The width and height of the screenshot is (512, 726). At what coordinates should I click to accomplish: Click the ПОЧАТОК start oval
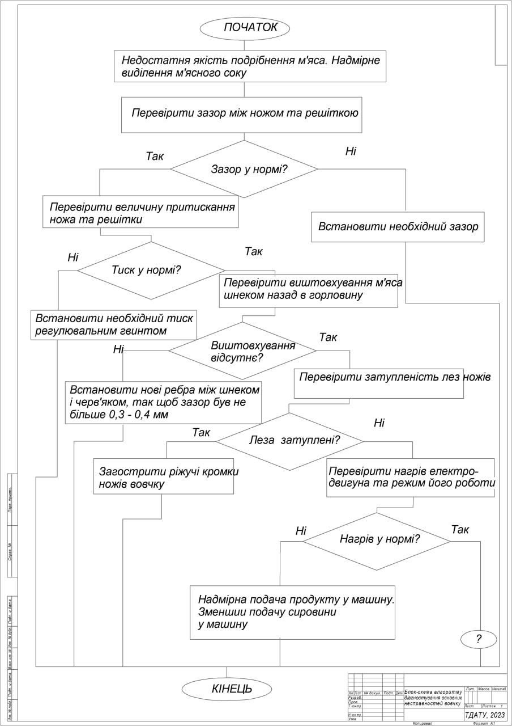pyautogui.click(x=245, y=28)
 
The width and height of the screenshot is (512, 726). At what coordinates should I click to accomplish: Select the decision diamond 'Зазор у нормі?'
pyautogui.click(x=244, y=169)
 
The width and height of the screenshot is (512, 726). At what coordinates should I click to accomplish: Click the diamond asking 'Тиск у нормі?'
pyautogui.click(x=151, y=271)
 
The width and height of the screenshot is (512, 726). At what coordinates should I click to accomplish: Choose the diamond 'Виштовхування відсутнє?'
pyautogui.click(x=242, y=351)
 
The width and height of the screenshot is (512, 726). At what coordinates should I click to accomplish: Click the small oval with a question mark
pyautogui.click(x=479, y=639)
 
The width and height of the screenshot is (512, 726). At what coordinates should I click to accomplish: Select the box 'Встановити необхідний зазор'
pyautogui.click(x=398, y=227)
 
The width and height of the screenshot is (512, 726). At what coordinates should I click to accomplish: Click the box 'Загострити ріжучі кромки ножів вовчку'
pyautogui.click(x=164, y=476)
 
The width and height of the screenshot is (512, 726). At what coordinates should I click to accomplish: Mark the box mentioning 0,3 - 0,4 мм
pyautogui.click(x=163, y=402)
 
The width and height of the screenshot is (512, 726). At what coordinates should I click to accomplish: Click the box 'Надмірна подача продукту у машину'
pyautogui.click(x=292, y=613)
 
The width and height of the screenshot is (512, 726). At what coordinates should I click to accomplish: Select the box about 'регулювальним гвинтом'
pyautogui.click(x=114, y=325)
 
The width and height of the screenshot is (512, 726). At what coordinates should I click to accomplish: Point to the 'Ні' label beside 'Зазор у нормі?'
pyautogui.click(x=351, y=151)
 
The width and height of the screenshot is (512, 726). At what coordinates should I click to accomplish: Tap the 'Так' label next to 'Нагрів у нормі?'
pyautogui.click(x=460, y=530)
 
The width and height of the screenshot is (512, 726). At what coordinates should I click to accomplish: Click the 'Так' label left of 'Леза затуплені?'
pyautogui.click(x=201, y=433)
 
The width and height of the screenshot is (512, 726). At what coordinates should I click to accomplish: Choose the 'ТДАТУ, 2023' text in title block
pyautogui.click(x=485, y=715)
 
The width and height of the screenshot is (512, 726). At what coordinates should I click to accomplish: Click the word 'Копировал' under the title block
pyautogui.click(x=423, y=724)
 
